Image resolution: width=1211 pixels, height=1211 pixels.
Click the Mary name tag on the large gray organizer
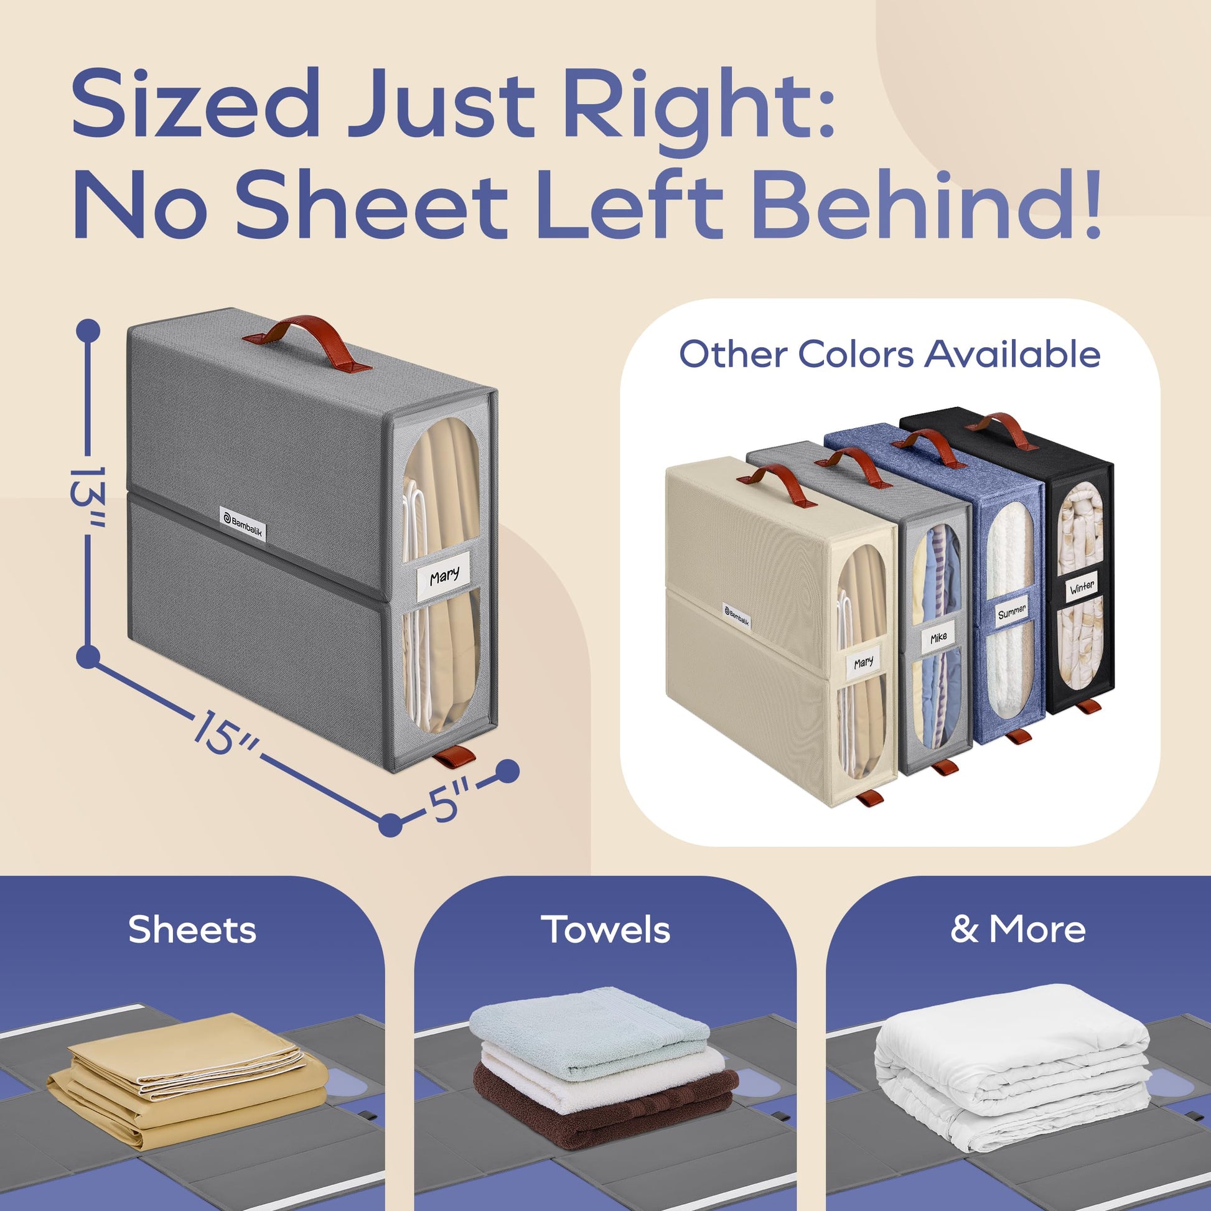(x=444, y=576)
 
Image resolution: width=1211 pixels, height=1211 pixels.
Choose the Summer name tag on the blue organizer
(x=1012, y=611)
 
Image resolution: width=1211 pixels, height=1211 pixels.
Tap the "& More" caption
(x=1018, y=929)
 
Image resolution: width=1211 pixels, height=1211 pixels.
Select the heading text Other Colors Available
(x=889, y=354)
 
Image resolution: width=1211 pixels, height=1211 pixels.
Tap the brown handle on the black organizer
(x=1001, y=431)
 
